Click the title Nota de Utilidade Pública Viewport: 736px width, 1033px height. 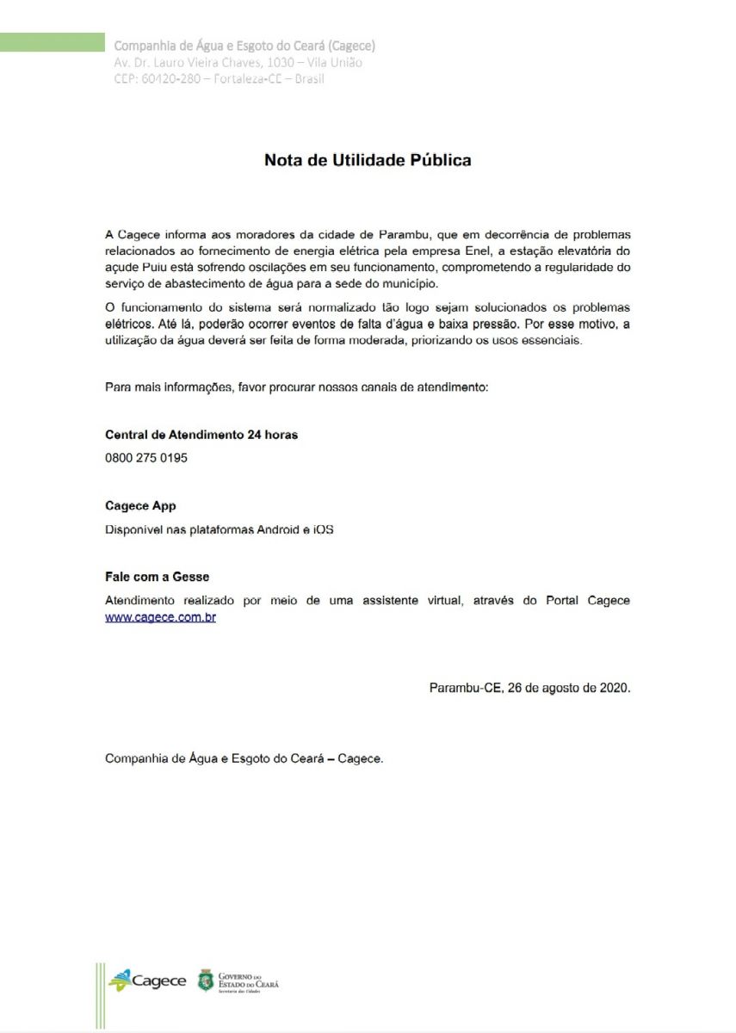tap(368, 160)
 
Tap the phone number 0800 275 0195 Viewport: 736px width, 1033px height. tap(145, 458)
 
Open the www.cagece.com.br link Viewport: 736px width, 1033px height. tap(160, 617)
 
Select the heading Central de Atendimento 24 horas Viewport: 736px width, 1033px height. tap(201, 435)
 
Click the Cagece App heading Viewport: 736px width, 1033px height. tap(140, 506)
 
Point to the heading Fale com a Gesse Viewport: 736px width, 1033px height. tap(157, 577)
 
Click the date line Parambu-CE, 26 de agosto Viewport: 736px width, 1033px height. tap(529, 688)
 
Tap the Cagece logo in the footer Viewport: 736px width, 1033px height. tap(147, 980)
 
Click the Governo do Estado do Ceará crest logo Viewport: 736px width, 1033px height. tap(206, 980)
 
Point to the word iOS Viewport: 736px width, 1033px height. tap(323, 529)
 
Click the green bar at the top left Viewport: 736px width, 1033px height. tap(52, 41)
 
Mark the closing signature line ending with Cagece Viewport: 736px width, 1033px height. tap(244, 758)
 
